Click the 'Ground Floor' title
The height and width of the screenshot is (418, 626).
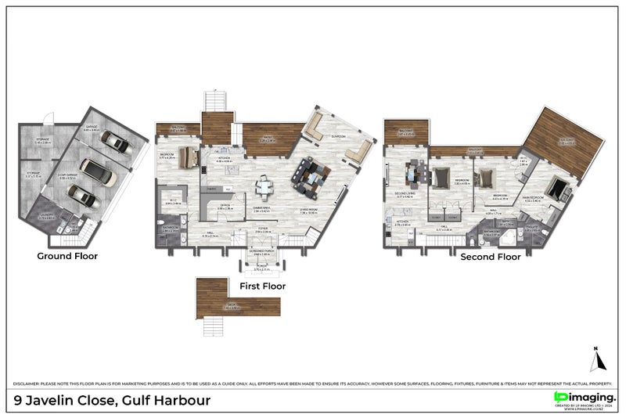point(66,256)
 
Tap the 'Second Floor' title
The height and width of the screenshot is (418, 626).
point(490,257)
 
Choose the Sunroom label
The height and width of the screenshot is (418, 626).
point(338,135)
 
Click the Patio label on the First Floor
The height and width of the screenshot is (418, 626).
point(266,139)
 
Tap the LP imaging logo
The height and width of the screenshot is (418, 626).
point(586,398)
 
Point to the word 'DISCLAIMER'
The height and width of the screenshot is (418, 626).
point(27,384)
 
